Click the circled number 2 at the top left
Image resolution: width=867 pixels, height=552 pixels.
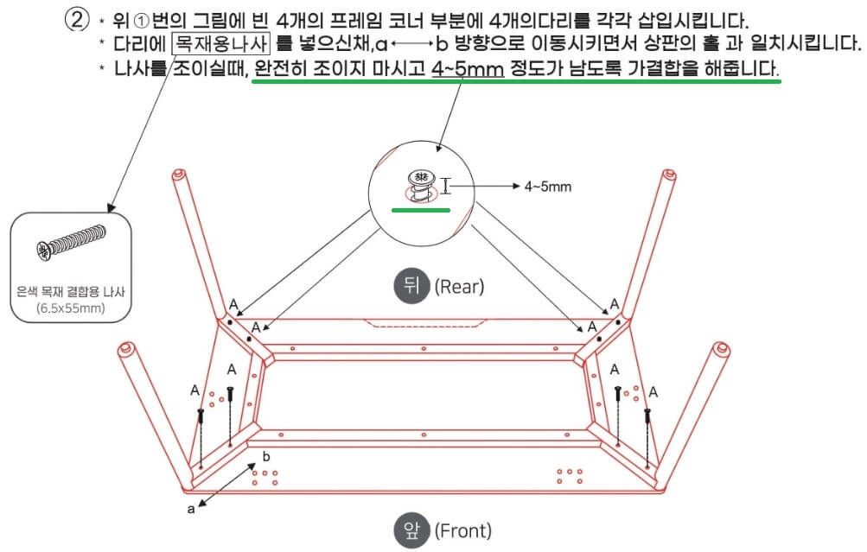click(x=80, y=20)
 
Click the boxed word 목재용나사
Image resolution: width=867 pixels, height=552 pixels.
click(x=221, y=43)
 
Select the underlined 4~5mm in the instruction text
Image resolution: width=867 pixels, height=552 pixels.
click(x=467, y=67)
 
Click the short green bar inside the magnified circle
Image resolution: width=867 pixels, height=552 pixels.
click(x=420, y=208)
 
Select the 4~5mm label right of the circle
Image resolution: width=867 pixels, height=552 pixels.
click(x=547, y=186)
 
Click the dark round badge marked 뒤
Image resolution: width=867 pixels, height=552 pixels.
click(x=411, y=286)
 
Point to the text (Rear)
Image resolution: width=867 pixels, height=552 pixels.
click(x=459, y=286)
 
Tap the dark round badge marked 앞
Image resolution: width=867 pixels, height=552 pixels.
click(x=411, y=530)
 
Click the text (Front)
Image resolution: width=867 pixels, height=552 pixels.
click(x=462, y=530)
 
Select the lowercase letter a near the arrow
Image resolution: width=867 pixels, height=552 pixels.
click(x=191, y=509)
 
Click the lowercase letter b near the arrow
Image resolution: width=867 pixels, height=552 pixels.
click(x=266, y=455)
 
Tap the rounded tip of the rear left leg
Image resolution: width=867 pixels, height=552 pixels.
click(x=179, y=176)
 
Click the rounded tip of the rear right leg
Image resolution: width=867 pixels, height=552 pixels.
click(x=668, y=176)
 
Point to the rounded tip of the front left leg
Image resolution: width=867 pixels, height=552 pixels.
click(x=126, y=352)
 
